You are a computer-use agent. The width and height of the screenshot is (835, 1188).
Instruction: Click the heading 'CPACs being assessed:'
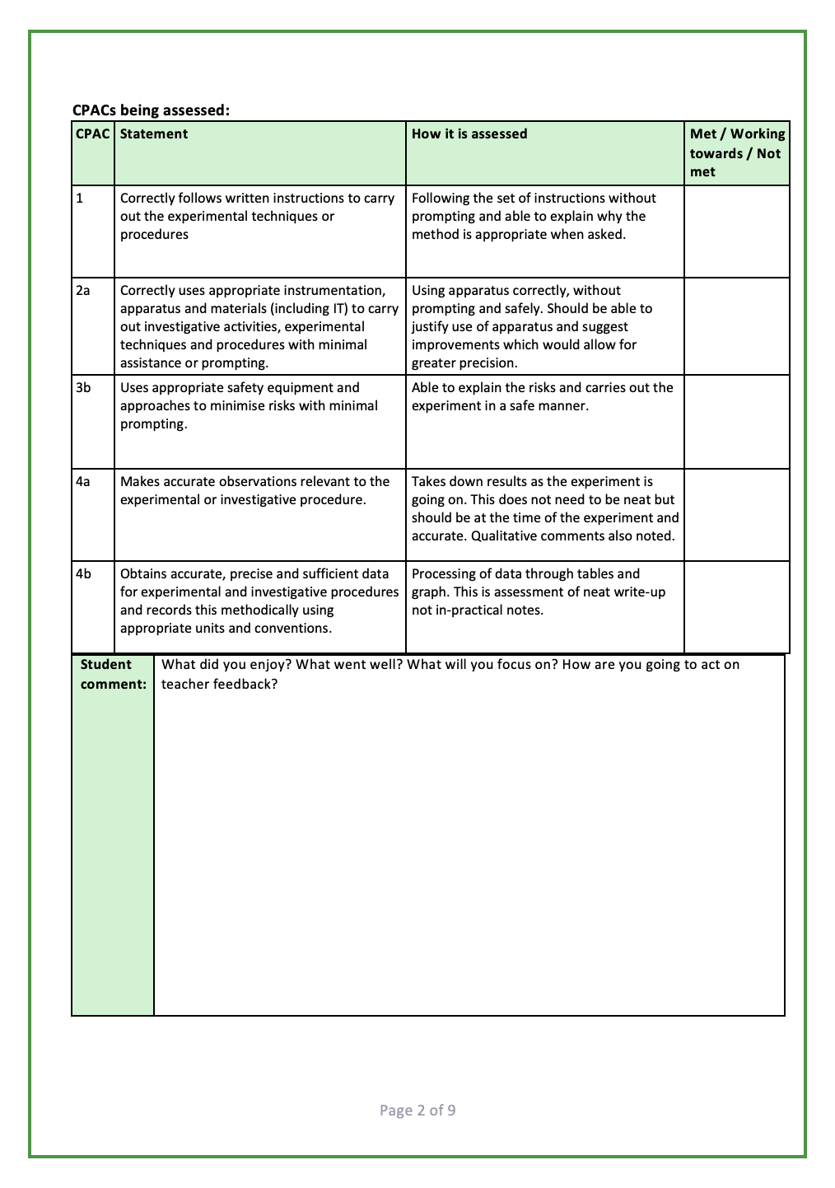pyautogui.click(x=151, y=110)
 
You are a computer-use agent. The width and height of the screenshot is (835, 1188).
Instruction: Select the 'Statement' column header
pyautogui.click(x=154, y=134)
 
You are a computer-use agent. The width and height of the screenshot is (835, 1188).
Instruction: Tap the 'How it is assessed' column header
pyautogui.click(x=469, y=134)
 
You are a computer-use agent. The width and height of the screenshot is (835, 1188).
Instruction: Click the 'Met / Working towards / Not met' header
pyautogui.click(x=737, y=153)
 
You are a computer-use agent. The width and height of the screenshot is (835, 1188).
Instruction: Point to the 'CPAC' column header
pyautogui.click(x=93, y=134)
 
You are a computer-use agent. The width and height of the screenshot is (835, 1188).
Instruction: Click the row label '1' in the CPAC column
pyautogui.click(x=80, y=199)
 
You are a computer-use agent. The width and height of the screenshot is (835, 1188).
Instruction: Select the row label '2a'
pyautogui.click(x=83, y=291)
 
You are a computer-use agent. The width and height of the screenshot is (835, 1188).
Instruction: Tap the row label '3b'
pyautogui.click(x=83, y=388)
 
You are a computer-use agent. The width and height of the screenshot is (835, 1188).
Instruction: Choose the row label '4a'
pyautogui.click(x=83, y=482)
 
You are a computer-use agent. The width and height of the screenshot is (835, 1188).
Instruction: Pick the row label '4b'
pyautogui.click(x=83, y=574)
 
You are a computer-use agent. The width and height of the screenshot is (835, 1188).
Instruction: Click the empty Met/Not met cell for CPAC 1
pyautogui.click(x=737, y=232)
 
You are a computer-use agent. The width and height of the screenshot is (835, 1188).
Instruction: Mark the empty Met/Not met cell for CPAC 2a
pyautogui.click(x=737, y=326)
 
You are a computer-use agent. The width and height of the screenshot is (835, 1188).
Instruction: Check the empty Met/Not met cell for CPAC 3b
pyautogui.click(x=737, y=422)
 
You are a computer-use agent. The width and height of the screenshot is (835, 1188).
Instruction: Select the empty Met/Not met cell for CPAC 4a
pyautogui.click(x=737, y=515)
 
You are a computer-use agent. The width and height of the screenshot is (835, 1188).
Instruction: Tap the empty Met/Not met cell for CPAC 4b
pyautogui.click(x=737, y=607)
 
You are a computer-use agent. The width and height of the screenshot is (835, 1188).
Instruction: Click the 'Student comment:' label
pyautogui.click(x=113, y=675)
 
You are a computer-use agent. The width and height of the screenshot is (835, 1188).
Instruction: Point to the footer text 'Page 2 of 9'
pyautogui.click(x=417, y=1111)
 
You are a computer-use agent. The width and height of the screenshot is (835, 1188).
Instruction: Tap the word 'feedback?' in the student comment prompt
pyautogui.click(x=245, y=685)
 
